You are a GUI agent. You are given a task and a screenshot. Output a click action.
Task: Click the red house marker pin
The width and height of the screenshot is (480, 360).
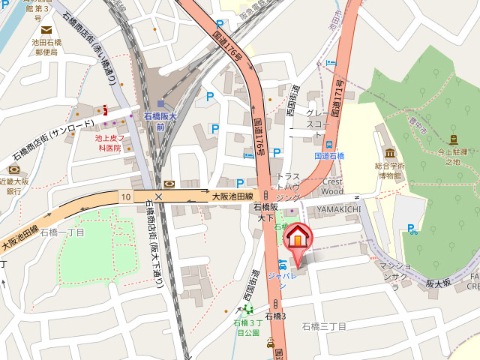[x=298, y=237]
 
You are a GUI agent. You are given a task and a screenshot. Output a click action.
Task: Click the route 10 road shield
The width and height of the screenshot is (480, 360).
[x=124, y=196]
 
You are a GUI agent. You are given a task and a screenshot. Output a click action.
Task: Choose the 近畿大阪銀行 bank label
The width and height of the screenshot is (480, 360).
[x=14, y=186]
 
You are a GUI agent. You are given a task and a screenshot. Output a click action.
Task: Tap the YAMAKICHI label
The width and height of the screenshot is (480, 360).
[x=339, y=208]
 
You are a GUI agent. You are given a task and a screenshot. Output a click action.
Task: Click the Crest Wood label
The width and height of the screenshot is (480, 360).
[x=331, y=186]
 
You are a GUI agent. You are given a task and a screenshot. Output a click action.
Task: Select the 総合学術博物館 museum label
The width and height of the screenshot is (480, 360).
[x=390, y=170]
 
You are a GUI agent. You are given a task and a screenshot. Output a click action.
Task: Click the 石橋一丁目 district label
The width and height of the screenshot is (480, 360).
[x=62, y=232]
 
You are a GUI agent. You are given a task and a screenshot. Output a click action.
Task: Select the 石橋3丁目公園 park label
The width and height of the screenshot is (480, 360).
[x=247, y=327]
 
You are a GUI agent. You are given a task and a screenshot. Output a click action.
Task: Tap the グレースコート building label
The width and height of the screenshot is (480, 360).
[x=317, y=118]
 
